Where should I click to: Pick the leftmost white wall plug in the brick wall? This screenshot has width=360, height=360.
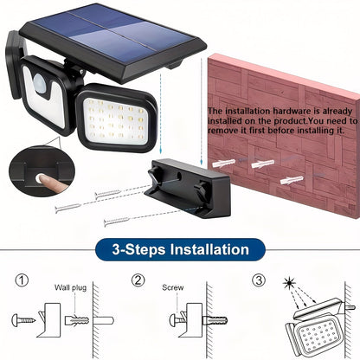(x=220, y=142)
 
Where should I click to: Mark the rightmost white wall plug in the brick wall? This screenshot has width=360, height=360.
(x=292, y=179)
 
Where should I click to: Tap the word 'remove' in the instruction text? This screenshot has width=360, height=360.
(x=228, y=132)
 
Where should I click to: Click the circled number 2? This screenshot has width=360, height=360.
(x=138, y=281)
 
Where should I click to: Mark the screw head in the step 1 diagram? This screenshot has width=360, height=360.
(x=16, y=320)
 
